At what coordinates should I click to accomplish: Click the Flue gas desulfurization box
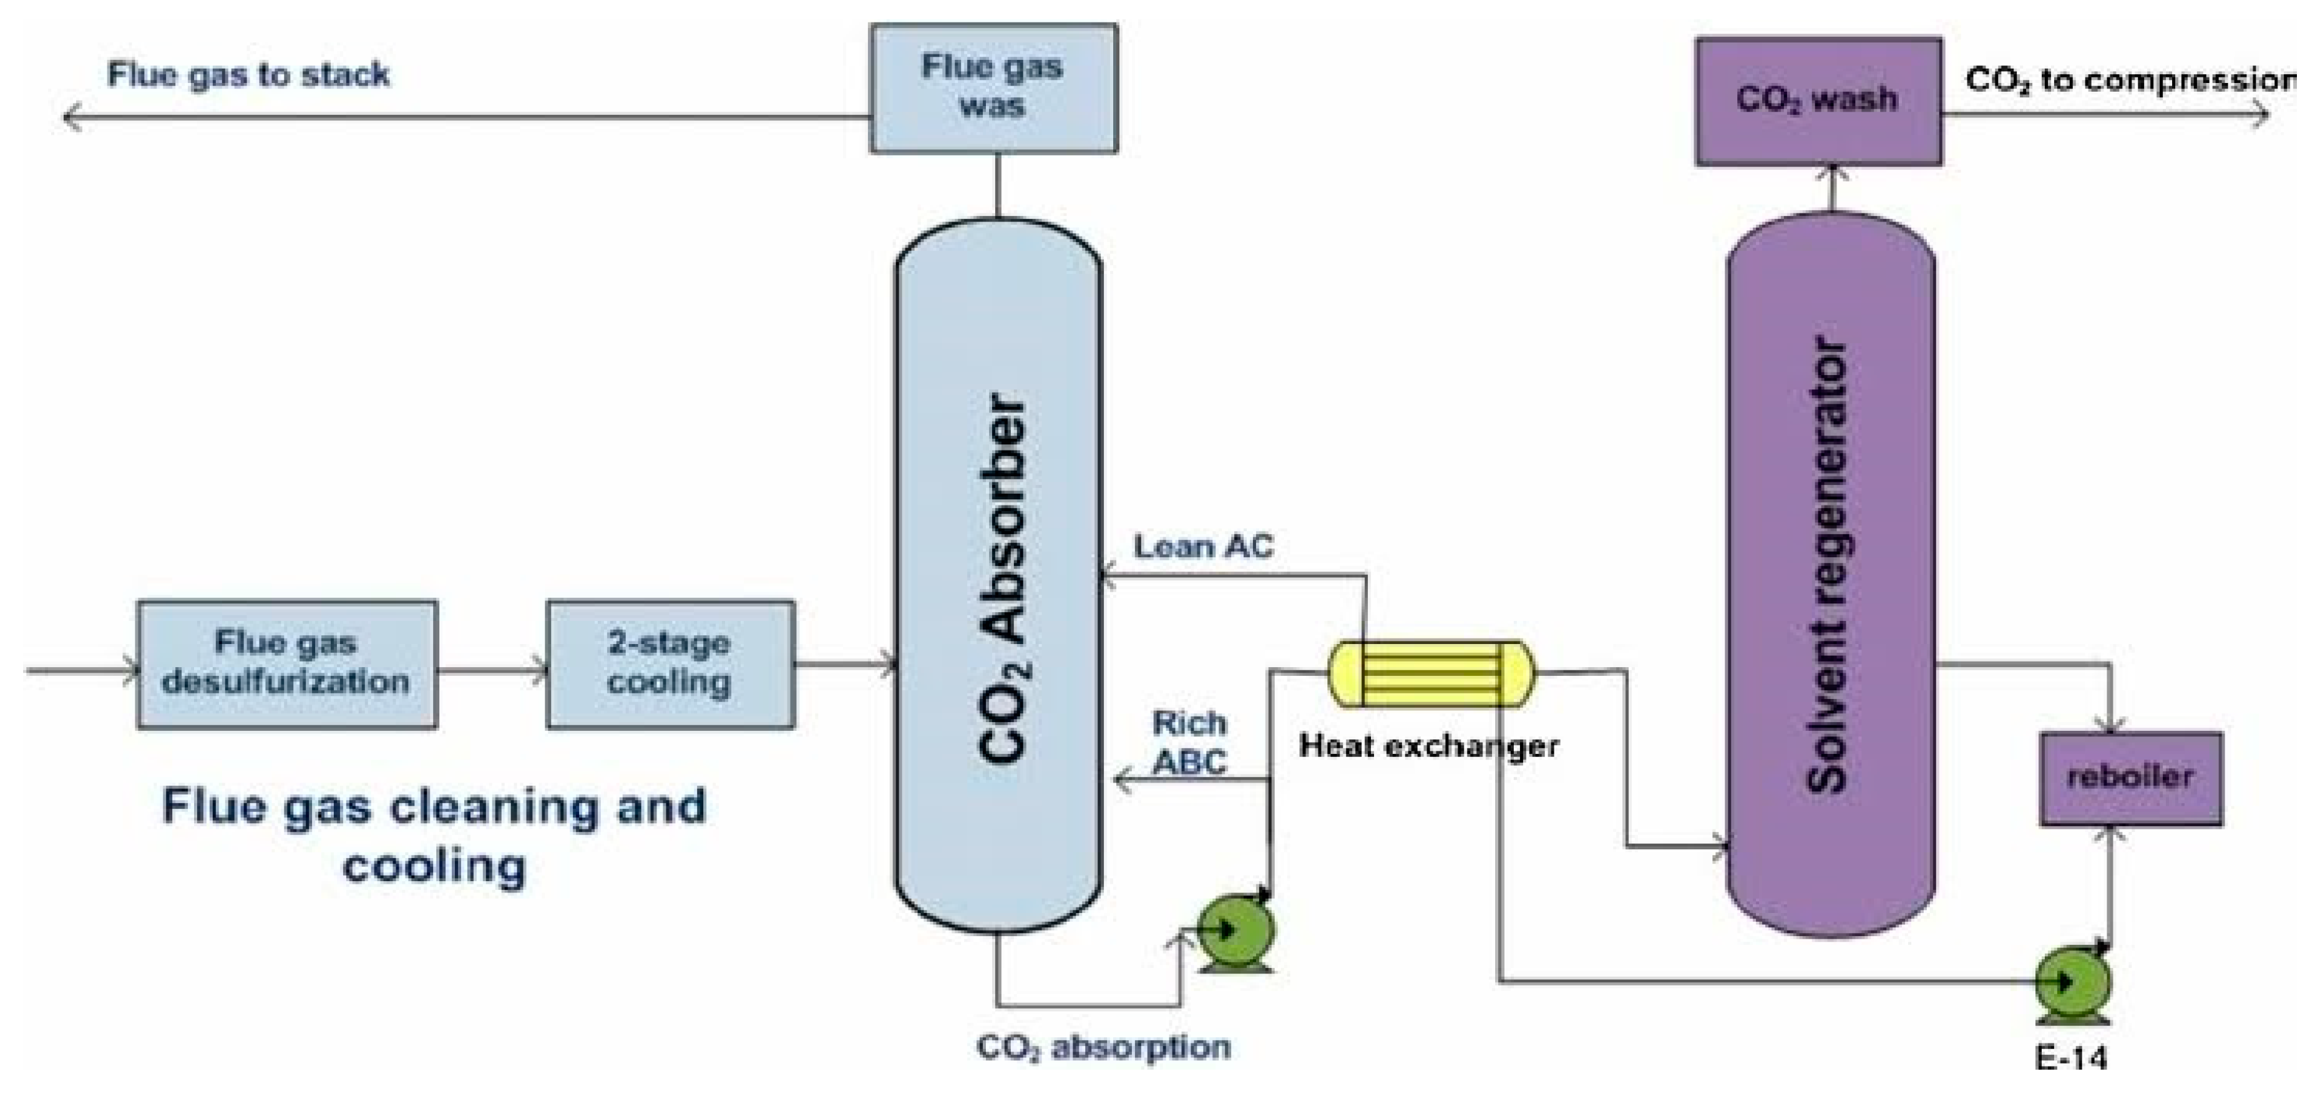pos(288,664)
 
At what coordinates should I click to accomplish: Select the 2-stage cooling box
pos(670,664)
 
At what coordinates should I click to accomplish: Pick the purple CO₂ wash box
pos(1819,100)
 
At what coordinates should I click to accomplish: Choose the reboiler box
pos(2131,778)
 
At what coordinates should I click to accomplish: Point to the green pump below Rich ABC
pos(1235,931)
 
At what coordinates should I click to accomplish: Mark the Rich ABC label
pos(1190,743)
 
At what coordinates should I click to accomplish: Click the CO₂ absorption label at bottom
pos(1104,1047)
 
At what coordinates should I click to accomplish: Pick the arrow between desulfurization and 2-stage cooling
pos(492,670)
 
